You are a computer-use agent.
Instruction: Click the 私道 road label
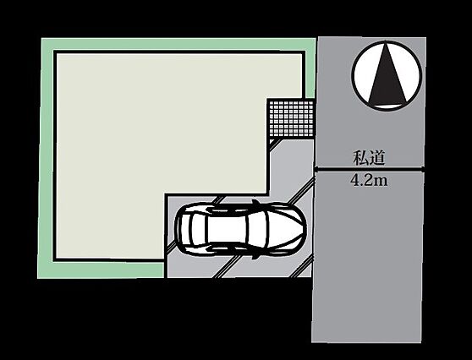[x=369, y=157]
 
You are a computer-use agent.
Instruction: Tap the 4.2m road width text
[x=369, y=181]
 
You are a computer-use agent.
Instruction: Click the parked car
[x=241, y=229]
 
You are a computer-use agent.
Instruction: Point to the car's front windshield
[x=255, y=230]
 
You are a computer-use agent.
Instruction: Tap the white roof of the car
[x=228, y=230]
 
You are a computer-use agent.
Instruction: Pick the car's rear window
[x=200, y=230]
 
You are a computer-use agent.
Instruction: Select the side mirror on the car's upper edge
[x=255, y=203]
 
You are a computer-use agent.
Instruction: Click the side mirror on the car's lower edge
[x=255, y=256]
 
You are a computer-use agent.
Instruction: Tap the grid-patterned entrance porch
[x=291, y=118]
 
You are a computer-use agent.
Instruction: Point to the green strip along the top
[x=178, y=44]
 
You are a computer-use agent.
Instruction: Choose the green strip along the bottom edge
[x=101, y=270]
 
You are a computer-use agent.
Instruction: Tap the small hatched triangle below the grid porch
[x=273, y=141]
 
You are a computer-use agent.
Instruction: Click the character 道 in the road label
[x=377, y=157]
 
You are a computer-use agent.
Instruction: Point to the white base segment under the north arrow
[x=387, y=106]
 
